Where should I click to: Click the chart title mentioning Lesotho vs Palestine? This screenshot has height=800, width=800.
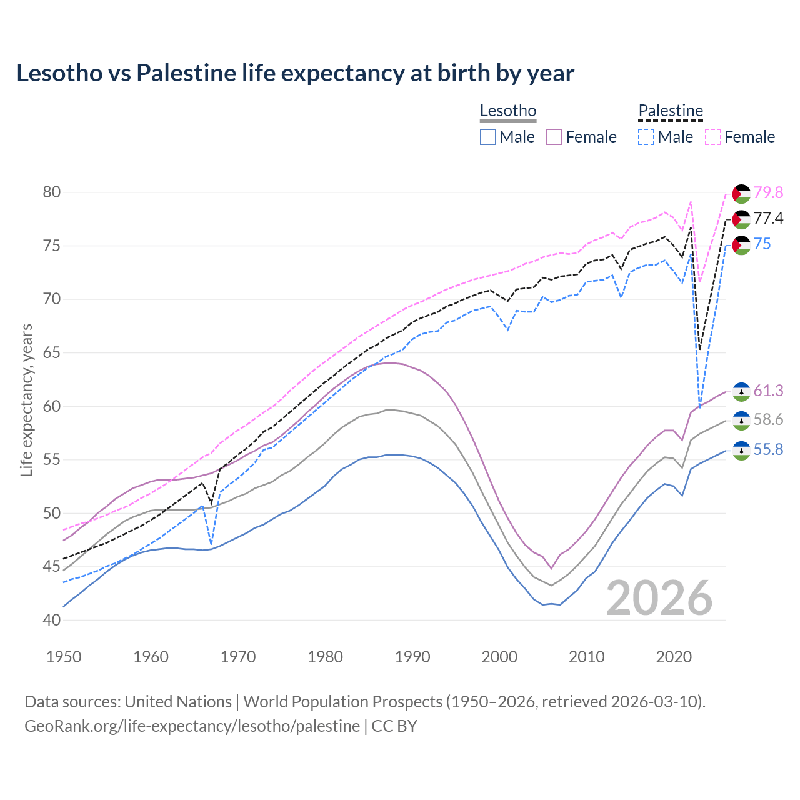click(295, 73)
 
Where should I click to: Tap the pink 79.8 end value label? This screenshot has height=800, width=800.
click(768, 193)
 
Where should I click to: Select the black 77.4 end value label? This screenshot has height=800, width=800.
click(768, 218)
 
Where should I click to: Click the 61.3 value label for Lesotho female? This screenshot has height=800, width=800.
click(768, 391)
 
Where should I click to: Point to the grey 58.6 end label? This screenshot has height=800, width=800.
click(768, 420)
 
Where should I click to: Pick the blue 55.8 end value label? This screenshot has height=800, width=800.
click(768, 450)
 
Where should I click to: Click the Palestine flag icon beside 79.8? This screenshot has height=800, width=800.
click(741, 194)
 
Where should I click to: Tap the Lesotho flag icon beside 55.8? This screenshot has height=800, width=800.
click(741, 451)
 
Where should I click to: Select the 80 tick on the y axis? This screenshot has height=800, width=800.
click(52, 192)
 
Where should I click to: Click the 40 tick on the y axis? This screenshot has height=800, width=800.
click(52, 621)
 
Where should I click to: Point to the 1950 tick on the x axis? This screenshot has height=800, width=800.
click(64, 657)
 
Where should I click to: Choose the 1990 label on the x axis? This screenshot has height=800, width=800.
click(412, 657)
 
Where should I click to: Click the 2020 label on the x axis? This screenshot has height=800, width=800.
click(674, 657)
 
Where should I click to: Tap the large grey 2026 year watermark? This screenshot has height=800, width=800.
click(659, 598)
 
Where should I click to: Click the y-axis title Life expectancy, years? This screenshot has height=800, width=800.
click(27, 400)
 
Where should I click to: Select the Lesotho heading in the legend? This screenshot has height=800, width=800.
click(508, 111)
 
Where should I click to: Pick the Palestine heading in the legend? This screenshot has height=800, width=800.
click(671, 111)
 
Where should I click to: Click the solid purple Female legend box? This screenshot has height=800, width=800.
click(554, 137)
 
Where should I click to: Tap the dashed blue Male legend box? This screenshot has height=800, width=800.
click(646, 137)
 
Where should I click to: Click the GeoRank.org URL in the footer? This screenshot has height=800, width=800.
click(192, 726)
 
